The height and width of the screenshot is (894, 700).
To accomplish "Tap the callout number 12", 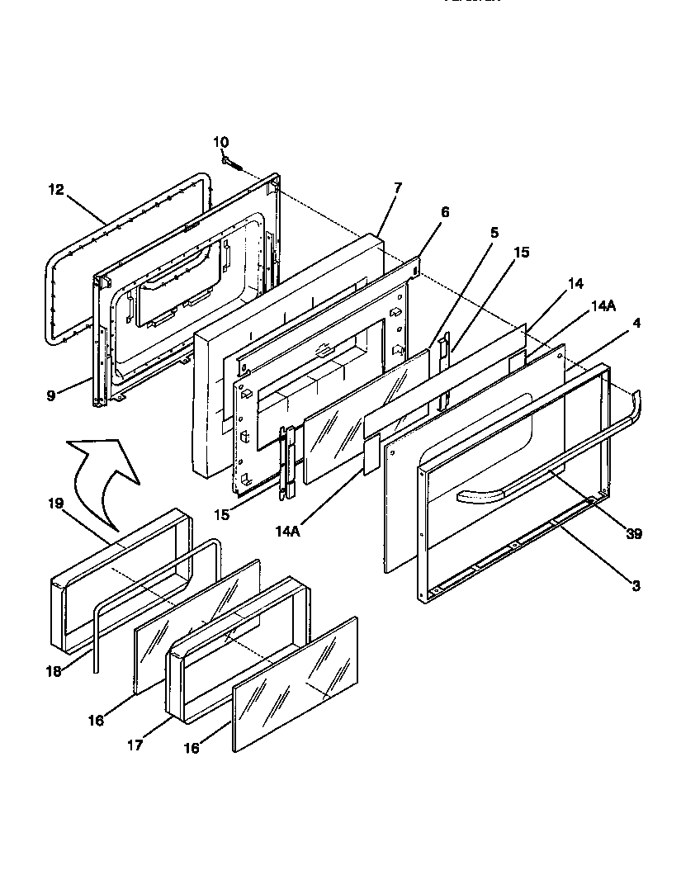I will pos(55,190).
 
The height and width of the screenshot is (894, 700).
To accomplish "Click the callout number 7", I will pos(398,188).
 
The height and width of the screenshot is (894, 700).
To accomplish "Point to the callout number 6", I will pos(445,212).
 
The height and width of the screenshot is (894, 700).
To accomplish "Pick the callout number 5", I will pos(494,234).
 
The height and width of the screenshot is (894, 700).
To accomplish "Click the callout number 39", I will pos(633,534).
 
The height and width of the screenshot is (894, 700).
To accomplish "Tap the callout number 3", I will pos(636,586).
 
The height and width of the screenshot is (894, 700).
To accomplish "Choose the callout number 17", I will pos(135,745).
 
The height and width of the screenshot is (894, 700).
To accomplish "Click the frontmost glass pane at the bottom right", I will pos(296,685).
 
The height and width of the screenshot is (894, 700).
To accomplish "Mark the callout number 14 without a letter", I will pos(575,283).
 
